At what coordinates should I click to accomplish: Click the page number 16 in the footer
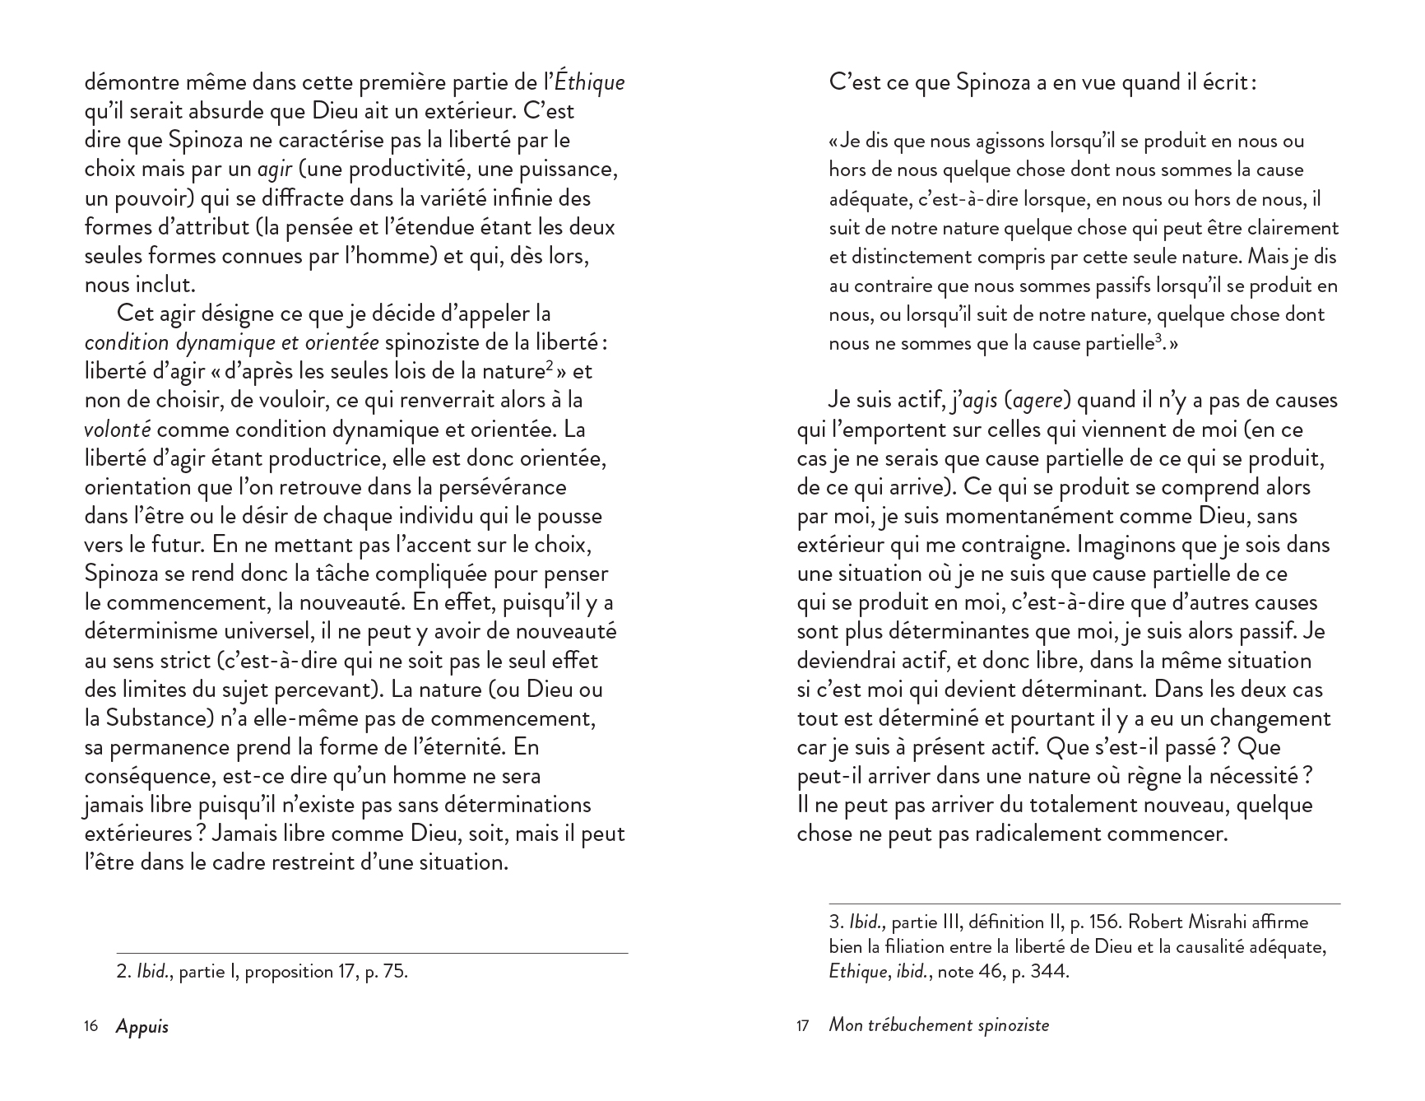(91, 1026)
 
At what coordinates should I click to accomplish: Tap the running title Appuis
(142, 1026)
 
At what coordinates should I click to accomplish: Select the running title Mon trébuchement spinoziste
(939, 1025)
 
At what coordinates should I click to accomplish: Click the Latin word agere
(1038, 401)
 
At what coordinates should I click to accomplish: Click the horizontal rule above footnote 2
(372, 954)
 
